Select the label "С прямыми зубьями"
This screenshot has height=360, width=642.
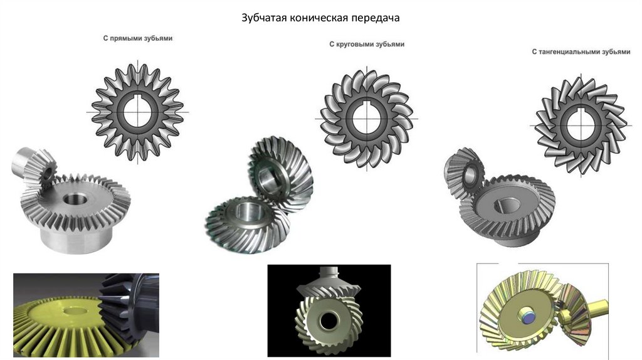click(x=137, y=38)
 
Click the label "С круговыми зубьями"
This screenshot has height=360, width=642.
click(x=367, y=45)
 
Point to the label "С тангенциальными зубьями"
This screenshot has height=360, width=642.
click(x=581, y=51)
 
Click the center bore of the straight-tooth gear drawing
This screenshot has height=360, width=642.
click(x=137, y=112)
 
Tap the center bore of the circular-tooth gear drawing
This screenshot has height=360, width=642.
click(x=366, y=119)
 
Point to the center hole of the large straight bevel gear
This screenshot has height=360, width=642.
click(x=75, y=199)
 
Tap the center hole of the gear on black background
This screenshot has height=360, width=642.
click(x=328, y=322)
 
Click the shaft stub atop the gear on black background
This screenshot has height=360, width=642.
click(x=329, y=275)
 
